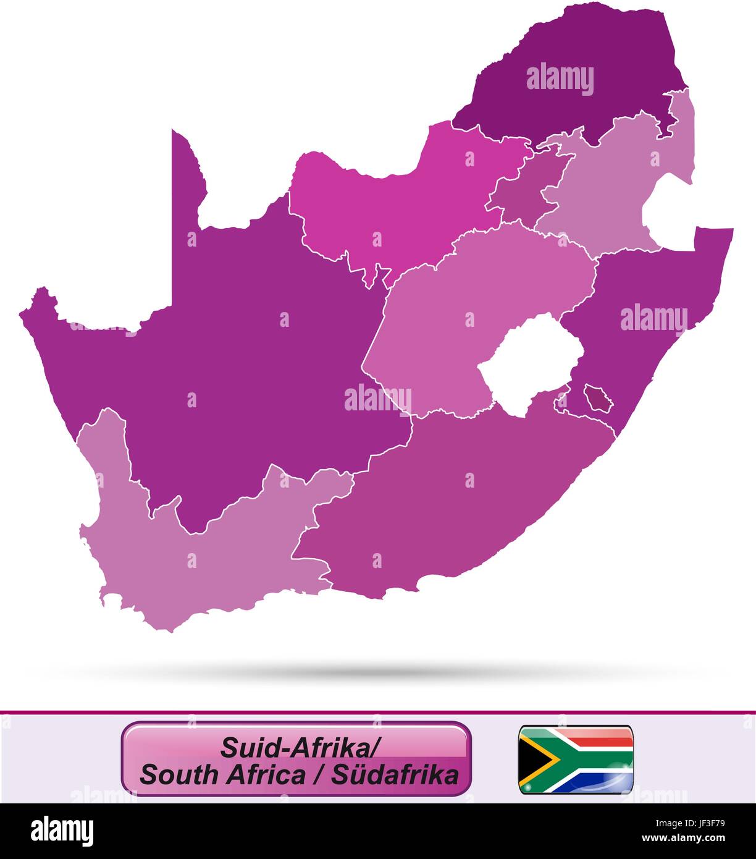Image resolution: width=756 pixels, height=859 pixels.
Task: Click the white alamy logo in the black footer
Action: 62,831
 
